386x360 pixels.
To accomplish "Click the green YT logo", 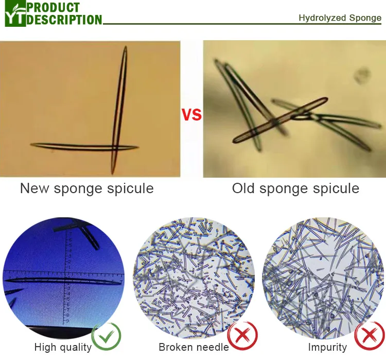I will tap(14, 14).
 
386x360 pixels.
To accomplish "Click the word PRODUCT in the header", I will tap(54, 7).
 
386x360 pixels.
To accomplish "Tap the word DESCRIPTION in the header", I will tap(65, 20).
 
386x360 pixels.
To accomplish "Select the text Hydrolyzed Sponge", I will tap(340, 18).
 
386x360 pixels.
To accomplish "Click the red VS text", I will tap(191, 115).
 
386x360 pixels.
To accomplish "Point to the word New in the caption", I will tap(34, 188).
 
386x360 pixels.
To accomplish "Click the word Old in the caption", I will tap(244, 188).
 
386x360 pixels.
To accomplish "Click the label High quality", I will tap(63, 348).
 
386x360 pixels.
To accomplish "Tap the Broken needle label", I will tap(194, 348).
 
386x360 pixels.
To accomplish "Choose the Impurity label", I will tap(327, 348).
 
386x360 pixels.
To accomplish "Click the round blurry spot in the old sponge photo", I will tap(362, 75).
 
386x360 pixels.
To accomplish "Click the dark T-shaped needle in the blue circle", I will tap(82, 232).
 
